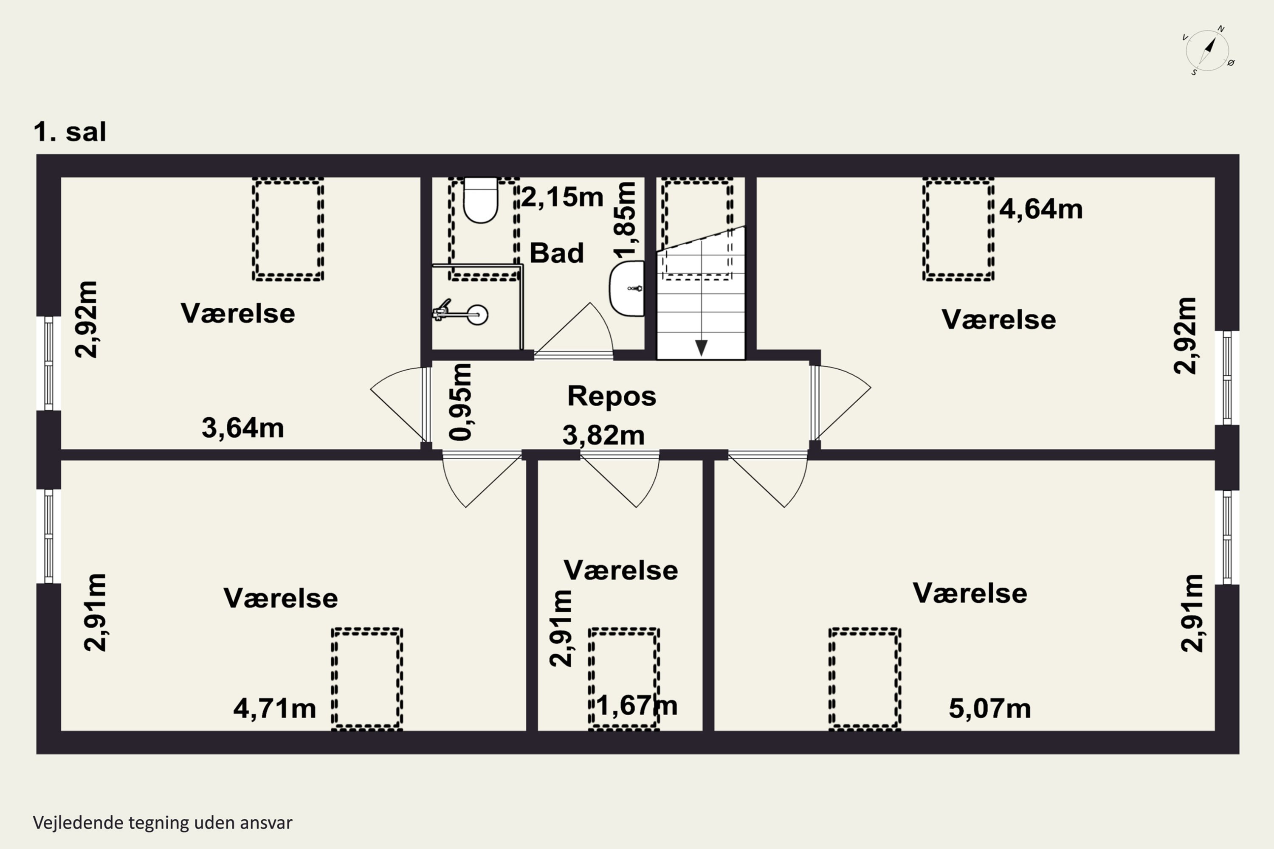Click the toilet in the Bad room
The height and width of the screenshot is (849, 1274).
(480, 200)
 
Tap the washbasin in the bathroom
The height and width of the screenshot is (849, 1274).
(627, 288)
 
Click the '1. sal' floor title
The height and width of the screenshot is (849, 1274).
(70, 132)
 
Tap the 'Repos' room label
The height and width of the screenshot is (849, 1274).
(612, 396)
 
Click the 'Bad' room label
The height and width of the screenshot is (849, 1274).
(557, 253)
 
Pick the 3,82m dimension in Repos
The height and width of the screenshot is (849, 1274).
(603, 435)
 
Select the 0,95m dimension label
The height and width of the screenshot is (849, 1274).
(461, 402)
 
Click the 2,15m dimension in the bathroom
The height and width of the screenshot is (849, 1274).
(562, 197)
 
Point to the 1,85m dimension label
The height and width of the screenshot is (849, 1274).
(625, 219)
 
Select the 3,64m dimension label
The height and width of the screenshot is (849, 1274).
(242, 428)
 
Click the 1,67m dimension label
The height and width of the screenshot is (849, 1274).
(637, 706)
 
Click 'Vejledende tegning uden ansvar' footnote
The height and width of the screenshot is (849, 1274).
(163, 823)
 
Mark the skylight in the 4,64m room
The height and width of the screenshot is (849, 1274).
(958, 229)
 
